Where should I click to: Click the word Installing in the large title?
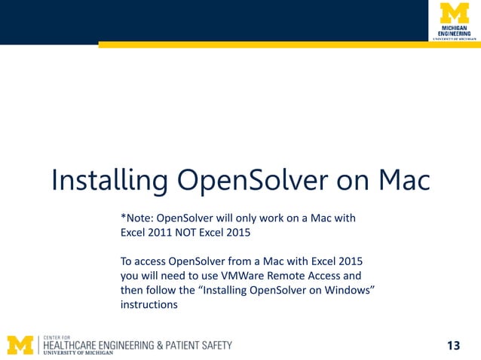[109, 182]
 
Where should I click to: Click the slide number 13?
[453, 346]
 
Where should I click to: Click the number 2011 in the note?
[164, 233]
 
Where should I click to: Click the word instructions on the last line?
[149, 305]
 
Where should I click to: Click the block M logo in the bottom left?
[21, 345]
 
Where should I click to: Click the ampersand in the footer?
[160, 345]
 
